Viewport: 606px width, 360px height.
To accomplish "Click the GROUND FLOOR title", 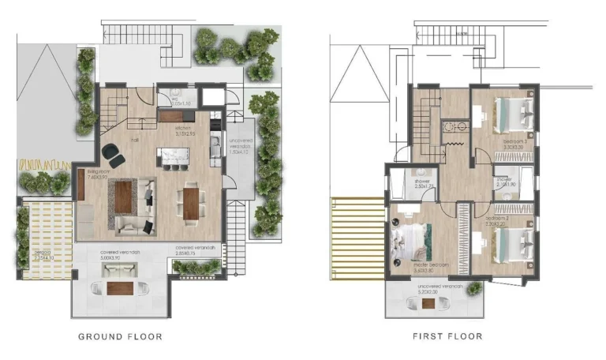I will click(120, 336).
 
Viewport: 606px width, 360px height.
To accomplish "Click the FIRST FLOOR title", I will click(447, 336).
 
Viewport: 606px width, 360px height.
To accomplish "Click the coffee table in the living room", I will click(123, 196).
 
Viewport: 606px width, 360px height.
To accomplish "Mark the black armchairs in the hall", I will click(113, 156).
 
